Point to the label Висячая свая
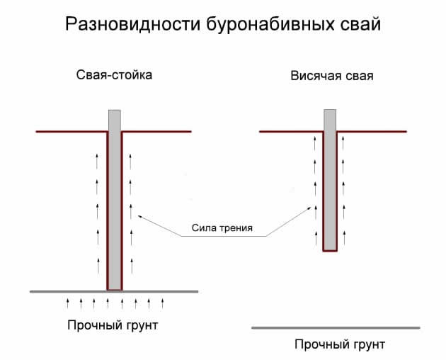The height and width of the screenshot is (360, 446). point(331,75)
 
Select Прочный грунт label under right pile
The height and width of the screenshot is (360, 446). point(340,345)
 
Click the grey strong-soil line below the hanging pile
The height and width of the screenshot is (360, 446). point(336,327)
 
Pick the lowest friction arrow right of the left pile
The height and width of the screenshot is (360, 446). point(130,266)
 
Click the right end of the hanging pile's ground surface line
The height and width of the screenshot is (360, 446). point(406,132)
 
